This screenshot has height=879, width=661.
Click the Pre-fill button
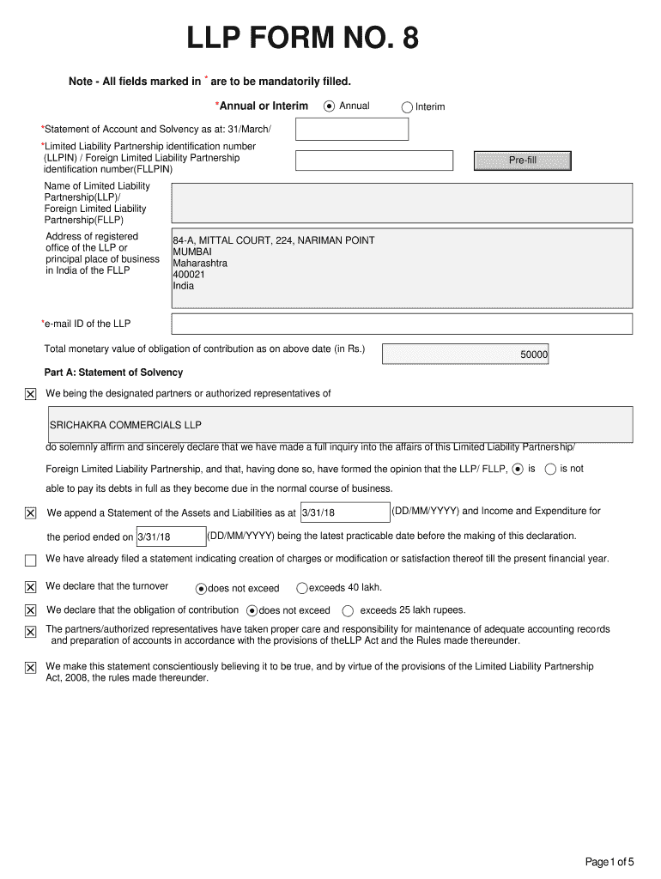pos(522,161)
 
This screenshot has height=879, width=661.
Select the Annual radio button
pos(330,106)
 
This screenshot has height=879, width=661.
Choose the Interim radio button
pos(407,107)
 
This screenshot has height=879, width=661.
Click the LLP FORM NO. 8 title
pos(304,39)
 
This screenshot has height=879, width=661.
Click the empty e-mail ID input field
pos(402,324)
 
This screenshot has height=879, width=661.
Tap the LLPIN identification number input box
pos(373,161)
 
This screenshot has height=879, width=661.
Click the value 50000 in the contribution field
pos(534,355)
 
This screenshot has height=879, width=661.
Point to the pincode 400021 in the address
pos(189,275)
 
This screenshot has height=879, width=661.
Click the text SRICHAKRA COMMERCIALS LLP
pos(125,425)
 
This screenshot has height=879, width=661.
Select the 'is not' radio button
pos(550,469)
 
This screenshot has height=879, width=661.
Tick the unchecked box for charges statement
pos(30,561)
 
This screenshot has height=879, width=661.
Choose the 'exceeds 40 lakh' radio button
pos(301,588)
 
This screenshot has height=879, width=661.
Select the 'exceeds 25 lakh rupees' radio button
pos(348,611)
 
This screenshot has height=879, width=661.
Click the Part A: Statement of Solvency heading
pos(113,373)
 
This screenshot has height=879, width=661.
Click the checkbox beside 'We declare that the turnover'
pos(30,587)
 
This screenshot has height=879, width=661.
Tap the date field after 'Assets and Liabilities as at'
pos(343,512)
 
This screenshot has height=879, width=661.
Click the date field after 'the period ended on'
pos(170,537)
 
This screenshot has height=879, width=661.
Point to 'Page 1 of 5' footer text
pos(609,862)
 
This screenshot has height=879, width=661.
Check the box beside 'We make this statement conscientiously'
pos(30,668)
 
